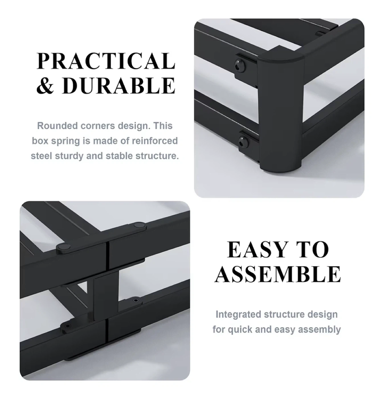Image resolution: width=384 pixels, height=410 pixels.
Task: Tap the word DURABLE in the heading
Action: point(119,85)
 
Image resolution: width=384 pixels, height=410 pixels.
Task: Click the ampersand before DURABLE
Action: point(45,85)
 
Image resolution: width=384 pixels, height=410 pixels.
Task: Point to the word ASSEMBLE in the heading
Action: point(278,274)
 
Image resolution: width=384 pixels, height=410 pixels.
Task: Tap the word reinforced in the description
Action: point(155,141)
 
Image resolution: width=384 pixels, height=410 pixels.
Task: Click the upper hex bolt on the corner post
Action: point(240,66)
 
